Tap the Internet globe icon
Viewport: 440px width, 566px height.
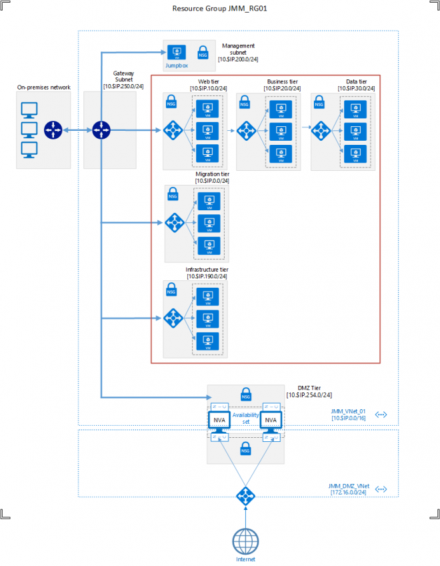[x=245, y=539]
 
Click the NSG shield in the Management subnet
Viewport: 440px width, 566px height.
[x=203, y=52]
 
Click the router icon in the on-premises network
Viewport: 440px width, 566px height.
[x=53, y=129]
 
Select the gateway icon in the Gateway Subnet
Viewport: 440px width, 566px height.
[x=101, y=129]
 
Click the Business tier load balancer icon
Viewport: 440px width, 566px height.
[x=247, y=129]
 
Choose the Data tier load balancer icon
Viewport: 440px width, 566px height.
[x=321, y=129]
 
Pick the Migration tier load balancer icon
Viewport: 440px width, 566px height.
[x=175, y=222]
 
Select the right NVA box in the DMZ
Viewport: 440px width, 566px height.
[x=270, y=420]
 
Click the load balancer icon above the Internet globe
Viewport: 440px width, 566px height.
[x=245, y=495]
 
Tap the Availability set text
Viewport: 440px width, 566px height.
[x=245, y=418]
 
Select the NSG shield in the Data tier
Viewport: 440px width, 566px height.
[x=318, y=103]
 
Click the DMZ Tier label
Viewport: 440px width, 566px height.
[x=309, y=388]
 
